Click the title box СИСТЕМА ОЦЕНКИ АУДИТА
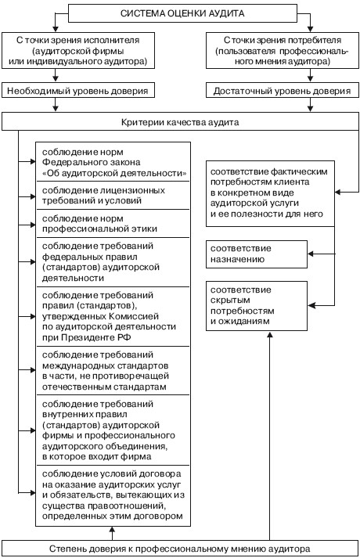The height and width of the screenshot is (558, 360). tap(182, 13)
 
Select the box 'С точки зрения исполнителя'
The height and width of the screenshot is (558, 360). tap(78, 51)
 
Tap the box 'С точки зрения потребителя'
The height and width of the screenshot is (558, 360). tap(283, 51)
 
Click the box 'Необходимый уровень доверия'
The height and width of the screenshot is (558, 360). tap(78, 91)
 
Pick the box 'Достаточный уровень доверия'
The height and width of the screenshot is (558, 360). tap(283, 91)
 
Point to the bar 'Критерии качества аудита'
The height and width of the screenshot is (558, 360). tap(180, 122)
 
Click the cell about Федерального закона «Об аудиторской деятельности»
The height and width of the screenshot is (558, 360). tap(113, 162)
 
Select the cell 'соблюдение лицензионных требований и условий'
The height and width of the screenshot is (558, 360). tap(113, 196)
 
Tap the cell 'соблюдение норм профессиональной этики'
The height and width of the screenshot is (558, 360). tap(113, 224)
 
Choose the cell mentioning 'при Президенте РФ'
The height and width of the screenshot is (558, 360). tap(113, 316)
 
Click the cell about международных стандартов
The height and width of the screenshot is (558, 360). tap(113, 370)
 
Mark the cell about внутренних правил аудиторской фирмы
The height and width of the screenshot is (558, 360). tap(113, 430)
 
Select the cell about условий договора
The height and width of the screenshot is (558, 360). tap(113, 495)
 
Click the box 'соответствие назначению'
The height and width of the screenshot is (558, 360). tap(257, 254)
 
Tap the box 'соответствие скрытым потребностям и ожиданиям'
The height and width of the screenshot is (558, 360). tap(257, 306)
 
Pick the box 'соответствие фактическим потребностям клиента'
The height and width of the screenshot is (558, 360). tap(270, 193)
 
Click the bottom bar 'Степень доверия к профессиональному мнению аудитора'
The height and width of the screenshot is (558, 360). tap(180, 549)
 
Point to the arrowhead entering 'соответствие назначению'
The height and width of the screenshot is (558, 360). tap(310, 254)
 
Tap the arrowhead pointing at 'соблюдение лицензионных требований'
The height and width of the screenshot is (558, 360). tap(33, 196)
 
